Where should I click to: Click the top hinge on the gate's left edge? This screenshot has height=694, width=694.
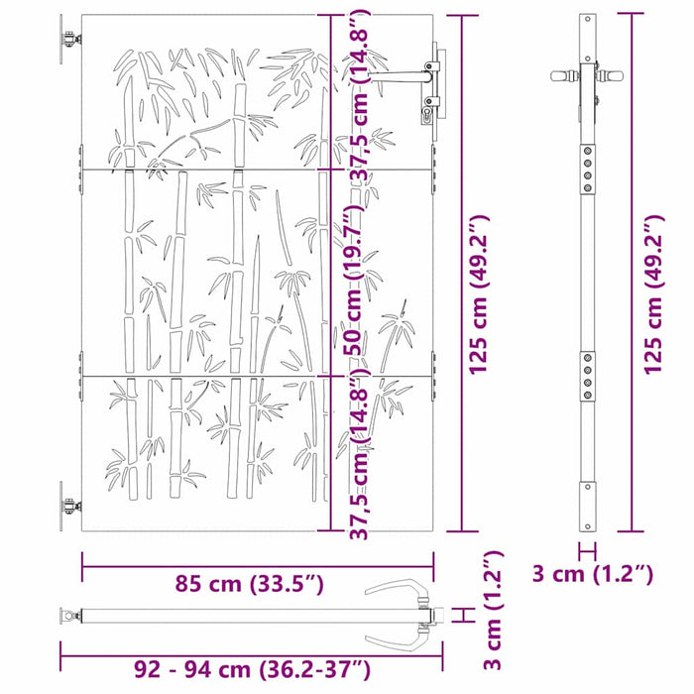coord(67,41)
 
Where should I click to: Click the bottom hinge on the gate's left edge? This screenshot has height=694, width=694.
coord(67,507)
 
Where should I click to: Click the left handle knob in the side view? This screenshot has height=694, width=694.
coord(562,75)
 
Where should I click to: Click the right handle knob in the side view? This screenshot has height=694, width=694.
coord(617,75)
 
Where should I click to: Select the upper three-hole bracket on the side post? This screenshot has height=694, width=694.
coord(589,166)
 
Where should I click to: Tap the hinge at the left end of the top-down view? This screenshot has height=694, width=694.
coord(70,617)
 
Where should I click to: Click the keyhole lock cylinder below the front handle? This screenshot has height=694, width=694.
coord(428,116)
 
